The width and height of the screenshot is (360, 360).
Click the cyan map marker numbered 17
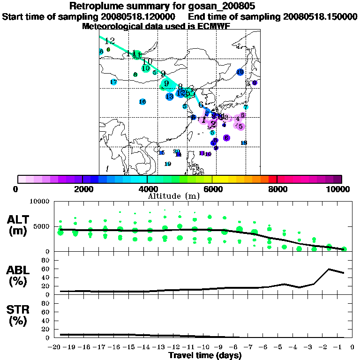(113, 82)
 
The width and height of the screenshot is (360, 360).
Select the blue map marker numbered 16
(142, 102)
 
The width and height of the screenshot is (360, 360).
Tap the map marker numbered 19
(168, 164)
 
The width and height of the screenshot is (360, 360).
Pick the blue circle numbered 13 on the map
(170, 97)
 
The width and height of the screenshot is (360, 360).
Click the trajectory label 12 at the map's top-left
(110, 41)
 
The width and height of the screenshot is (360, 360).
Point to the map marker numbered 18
(244, 142)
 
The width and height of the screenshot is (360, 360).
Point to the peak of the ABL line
(329, 269)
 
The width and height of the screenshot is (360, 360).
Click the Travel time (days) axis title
(205, 355)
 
